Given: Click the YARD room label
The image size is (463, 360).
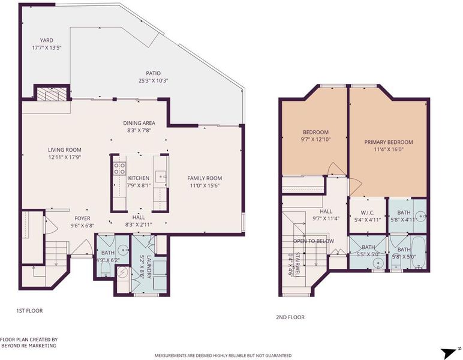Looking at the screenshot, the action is pyautogui.click(x=47, y=40).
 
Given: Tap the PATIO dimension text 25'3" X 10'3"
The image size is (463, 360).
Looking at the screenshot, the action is pyautogui.click(x=154, y=80).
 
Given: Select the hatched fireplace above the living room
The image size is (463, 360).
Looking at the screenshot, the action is pyautogui.click(x=52, y=94).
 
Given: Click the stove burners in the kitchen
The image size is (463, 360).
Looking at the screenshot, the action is pyautogui.click(x=119, y=169).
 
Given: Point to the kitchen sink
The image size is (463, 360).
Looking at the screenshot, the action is pyautogui.click(x=161, y=176).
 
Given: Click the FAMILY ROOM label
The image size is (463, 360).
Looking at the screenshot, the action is pyautogui.click(x=205, y=178).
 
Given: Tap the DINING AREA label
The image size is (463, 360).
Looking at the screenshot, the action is pyautogui.click(x=139, y=123).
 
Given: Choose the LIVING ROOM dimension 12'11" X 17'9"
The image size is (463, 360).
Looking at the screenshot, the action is pyautogui.click(x=65, y=157).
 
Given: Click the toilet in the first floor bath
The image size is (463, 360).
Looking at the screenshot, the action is pyautogui.click(x=106, y=269).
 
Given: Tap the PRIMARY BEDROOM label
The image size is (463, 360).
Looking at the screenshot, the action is pyautogui.click(x=389, y=142).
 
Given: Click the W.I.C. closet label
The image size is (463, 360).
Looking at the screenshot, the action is pyautogui.click(x=368, y=212).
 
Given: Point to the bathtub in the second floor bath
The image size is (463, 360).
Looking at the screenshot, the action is pyautogui.click(x=418, y=253).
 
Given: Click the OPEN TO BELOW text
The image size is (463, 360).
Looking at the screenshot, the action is pyautogui.click(x=314, y=241).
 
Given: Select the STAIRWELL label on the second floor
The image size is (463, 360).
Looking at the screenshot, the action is pyautogui.click(x=297, y=265).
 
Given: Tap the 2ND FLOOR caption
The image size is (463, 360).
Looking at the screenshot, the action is pyautogui.click(x=290, y=317).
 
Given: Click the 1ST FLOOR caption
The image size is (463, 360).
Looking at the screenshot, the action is pyautogui.click(x=29, y=311).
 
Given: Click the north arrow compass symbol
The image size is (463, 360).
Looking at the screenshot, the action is pyautogui.click(x=449, y=353).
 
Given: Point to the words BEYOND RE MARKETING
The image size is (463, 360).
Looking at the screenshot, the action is pyautogui.click(x=29, y=346).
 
